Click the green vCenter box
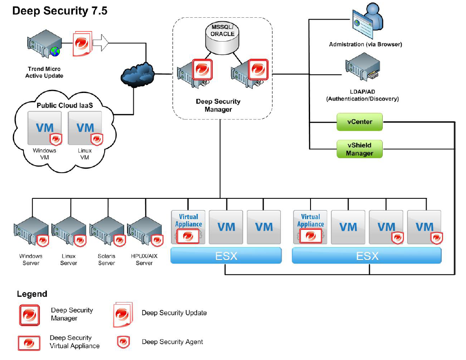pyautogui.click(x=359, y=121)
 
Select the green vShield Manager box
pyautogui.click(x=359, y=149)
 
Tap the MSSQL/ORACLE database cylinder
pyautogui.click(x=220, y=39)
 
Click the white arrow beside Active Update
pyautogui.click(x=101, y=43)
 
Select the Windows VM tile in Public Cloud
pyautogui.click(x=45, y=128)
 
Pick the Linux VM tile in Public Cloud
pyautogui.click(x=85, y=128)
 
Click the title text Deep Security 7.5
pyautogui.click(x=60, y=11)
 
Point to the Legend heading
pyautogui.click(x=32, y=294)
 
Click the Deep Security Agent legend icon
pyautogui.click(x=122, y=342)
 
